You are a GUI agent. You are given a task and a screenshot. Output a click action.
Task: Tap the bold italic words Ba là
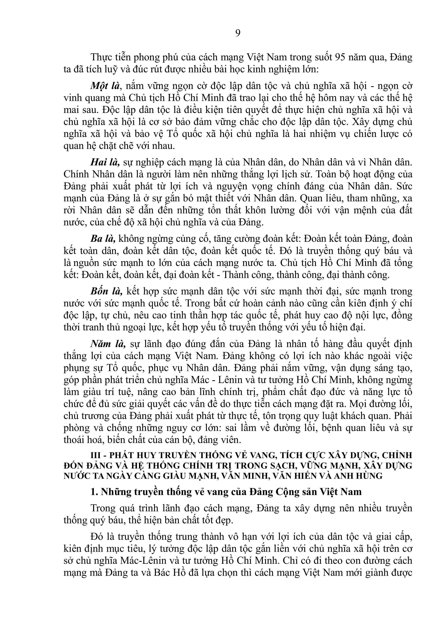[x=103, y=239]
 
